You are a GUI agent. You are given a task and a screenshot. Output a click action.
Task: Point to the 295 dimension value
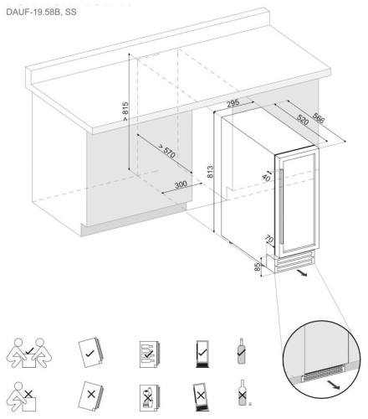[236, 102]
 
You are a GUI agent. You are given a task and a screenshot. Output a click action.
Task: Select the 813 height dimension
[211, 173]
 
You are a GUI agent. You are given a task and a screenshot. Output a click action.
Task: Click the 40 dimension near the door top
[267, 175]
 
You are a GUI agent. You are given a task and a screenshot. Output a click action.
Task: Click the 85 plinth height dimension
[256, 269]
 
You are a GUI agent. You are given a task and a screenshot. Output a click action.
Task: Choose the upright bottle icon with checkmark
[242, 351]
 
